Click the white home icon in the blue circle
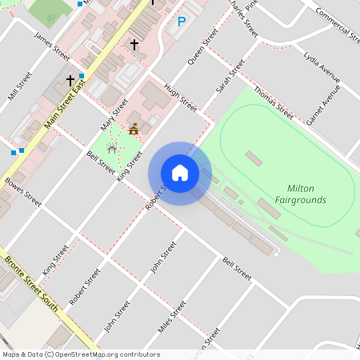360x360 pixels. coord(180,173)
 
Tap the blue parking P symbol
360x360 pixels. coord(182,22)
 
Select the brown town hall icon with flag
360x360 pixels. coord(134,128)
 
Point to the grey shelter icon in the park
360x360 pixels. coord(112,148)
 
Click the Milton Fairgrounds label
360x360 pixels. coord(300,194)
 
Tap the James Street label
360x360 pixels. coord(52,46)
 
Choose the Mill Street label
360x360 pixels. coord(19,86)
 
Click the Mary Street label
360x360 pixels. coord(114,114)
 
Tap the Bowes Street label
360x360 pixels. coord(22,192)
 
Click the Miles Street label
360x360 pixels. coord(172,317)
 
